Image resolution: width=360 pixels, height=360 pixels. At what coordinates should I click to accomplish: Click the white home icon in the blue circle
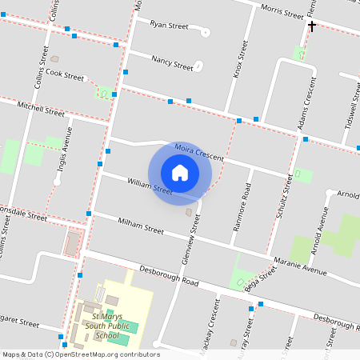pyautogui.click(x=180, y=172)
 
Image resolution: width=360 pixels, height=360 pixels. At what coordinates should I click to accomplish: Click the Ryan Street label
pyautogui.click(x=169, y=26)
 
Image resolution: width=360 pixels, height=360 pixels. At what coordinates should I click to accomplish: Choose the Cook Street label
pyautogui.click(x=65, y=76)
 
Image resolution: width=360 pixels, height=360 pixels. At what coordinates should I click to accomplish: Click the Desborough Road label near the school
pyautogui.click(x=168, y=276)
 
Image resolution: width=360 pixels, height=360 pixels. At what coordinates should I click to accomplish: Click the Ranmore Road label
pyautogui.click(x=247, y=201)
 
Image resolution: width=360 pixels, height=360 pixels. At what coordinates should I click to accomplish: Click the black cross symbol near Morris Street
pyautogui.click(x=312, y=26)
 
